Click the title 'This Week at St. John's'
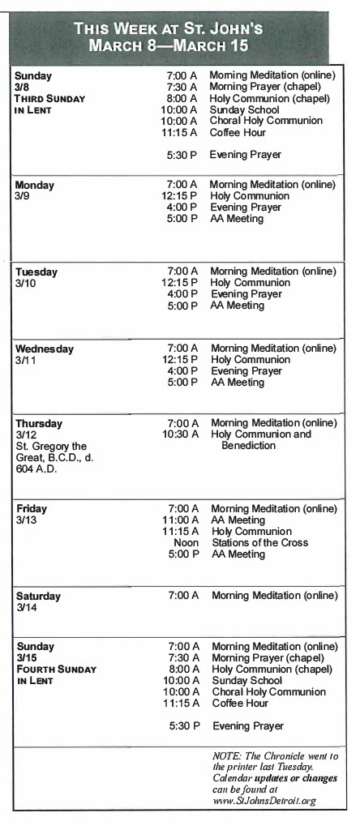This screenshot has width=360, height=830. click(179, 28)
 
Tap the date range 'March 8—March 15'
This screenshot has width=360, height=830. click(179, 45)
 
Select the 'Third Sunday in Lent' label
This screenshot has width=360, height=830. click(54, 105)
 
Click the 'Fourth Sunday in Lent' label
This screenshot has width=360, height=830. click(56, 675)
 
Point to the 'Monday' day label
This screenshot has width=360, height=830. click(35, 185)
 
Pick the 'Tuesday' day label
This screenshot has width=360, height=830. click(36, 272)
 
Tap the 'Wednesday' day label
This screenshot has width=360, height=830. click(45, 349)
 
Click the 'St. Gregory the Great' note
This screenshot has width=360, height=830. click(50, 457)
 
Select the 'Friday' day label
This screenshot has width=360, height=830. click(32, 508)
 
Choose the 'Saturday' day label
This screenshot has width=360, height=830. click(38, 596)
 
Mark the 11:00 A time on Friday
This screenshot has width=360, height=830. click(181, 520)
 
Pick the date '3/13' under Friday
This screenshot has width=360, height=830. click(27, 520)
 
